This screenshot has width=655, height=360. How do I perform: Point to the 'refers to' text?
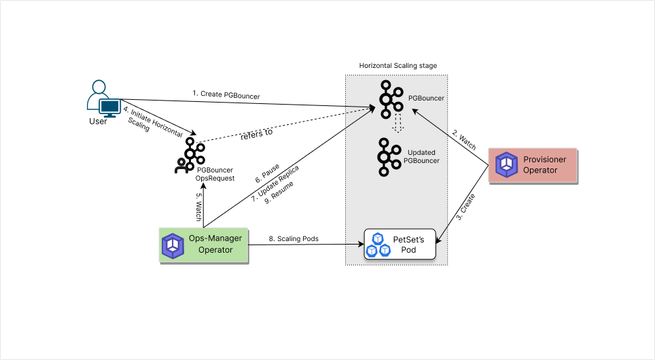pyautogui.click(x=256, y=133)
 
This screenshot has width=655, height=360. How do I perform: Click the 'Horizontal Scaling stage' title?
pyautogui.click(x=397, y=66)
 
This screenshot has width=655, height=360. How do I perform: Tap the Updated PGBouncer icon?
pyautogui.click(x=389, y=156)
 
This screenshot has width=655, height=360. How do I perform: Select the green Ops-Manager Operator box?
pyautogui.click(x=204, y=245)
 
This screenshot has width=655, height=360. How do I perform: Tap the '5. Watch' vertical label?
pyautogui.click(x=198, y=205)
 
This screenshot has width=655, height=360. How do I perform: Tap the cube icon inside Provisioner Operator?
pyautogui.click(x=506, y=165)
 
